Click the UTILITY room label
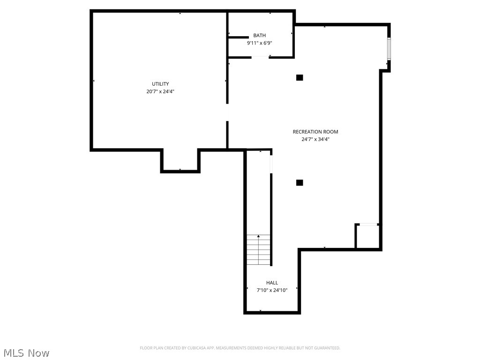(160, 84)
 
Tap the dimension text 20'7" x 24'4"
(160, 92)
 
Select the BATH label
(260, 36)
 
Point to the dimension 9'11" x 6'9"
(260, 43)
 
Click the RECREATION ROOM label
(315, 132)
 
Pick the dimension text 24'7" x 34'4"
(315, 139)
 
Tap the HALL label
(272, 283)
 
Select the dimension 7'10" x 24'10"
(272, 290)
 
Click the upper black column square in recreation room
(300, 77)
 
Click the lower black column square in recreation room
(300, 182)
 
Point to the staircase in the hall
(259, 249)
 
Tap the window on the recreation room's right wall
(389, 49)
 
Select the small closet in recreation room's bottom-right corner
(367, 237)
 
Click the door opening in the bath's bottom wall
(260, 57)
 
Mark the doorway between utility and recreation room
(228, 112)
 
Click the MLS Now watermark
(26, 352)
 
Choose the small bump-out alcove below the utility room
(180, 160)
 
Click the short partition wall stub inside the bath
(238, 37)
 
